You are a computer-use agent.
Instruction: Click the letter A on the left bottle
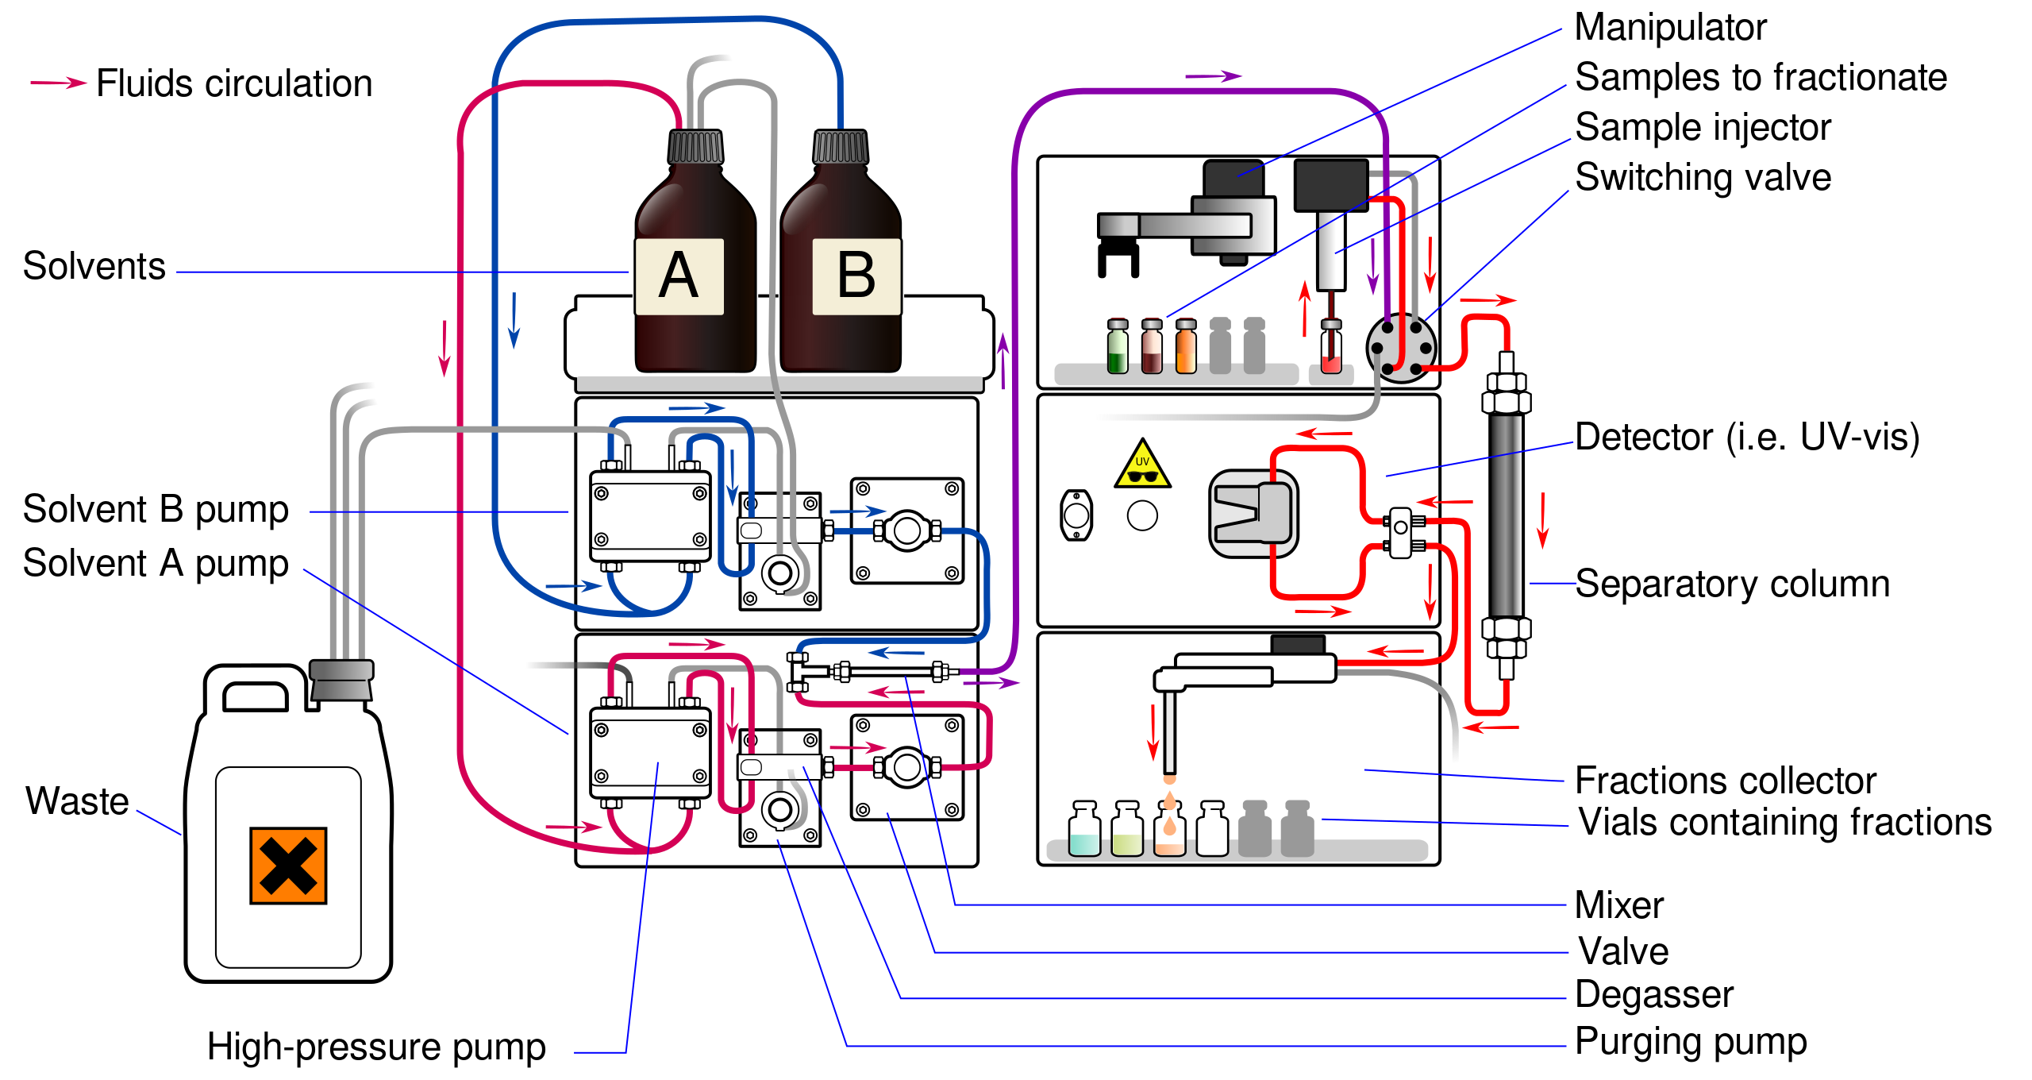tap(679, 276)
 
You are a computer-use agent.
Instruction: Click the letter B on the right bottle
tap(856, 276)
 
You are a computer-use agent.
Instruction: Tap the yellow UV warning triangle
tap(1142, 465)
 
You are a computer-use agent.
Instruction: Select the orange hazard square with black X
tap(288, 866)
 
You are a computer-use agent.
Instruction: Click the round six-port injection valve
tap(1401, 348)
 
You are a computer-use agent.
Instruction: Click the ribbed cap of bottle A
tap(695, 147)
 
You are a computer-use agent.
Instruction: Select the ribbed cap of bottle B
tap(841, 147)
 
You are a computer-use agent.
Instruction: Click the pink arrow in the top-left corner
tap(59, 83)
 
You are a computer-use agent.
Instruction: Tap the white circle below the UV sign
tap(1142, 515)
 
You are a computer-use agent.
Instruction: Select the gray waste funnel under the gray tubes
tap(341, 681)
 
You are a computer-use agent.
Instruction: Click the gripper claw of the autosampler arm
tap(1118, 260)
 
